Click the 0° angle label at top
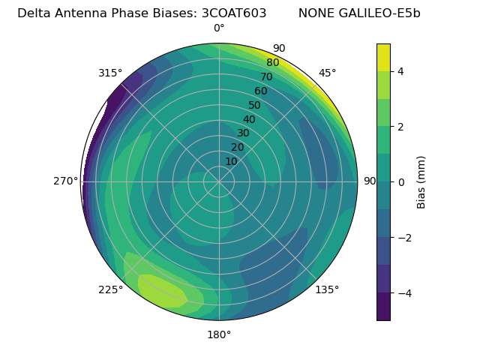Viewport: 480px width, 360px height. [219, 28]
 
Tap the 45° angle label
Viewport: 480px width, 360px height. [328, 73]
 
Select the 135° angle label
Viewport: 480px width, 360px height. [327, 289]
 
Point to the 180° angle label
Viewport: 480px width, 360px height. [219, 334]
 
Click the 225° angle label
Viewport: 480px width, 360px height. [110, 290]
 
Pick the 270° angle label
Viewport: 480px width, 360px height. [66, 181]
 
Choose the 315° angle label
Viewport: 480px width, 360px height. [110, 73]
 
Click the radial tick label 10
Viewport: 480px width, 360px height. [231, 161]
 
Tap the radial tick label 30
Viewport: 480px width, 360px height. [243, 133]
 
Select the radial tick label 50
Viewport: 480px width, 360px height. [254, 106]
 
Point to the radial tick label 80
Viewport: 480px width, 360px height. [272, 63]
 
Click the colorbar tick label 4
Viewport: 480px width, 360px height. [401, 71]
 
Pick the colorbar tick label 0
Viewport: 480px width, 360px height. [401, 182]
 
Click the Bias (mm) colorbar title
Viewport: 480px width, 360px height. [421, 182]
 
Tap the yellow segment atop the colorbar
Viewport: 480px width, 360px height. [383, 58]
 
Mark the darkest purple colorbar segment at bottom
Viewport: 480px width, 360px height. [383, 306]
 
